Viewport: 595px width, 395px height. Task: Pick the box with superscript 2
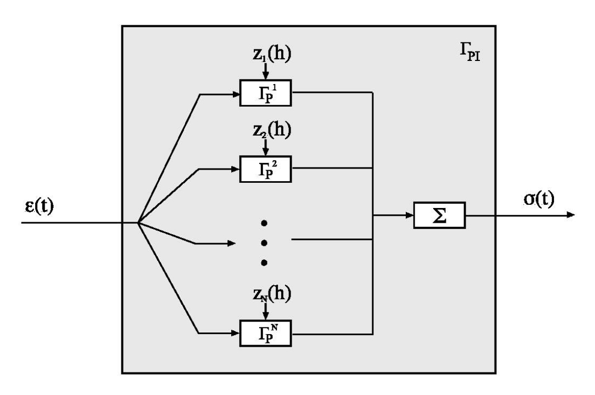[x=265, y=169]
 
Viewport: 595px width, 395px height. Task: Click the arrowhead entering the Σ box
[x=409, y=215]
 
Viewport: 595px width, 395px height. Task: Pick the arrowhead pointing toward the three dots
[x=232, y=243]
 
